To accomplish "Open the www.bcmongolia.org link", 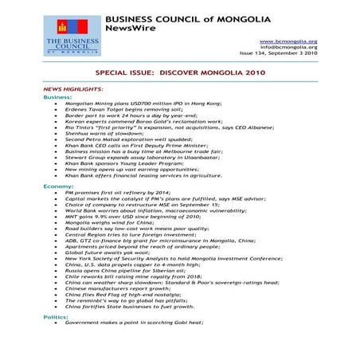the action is point(289,41).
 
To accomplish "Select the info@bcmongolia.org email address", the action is point(289,48).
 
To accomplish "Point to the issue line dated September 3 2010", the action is point(285,55).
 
